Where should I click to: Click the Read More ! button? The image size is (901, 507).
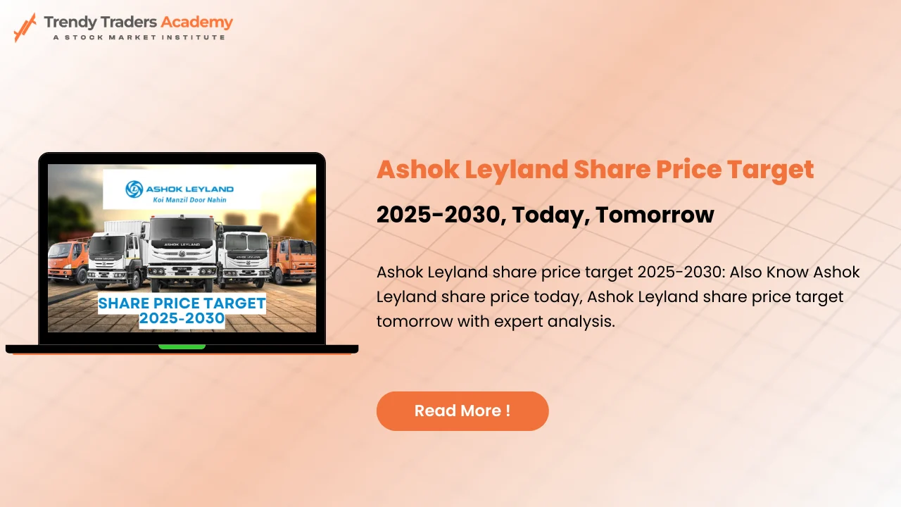coord(462,411)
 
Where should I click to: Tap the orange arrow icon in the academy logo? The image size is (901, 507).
coord(25,27)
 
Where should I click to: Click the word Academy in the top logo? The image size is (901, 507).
coord(196,22)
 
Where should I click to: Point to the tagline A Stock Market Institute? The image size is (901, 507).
coord(139,37)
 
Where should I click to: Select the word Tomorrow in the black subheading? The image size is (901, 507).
coord(655,215)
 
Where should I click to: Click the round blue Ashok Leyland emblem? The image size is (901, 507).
coord(134,189)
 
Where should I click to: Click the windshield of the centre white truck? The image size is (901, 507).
coord(182,230)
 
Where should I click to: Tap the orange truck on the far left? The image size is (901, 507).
coord(68,260)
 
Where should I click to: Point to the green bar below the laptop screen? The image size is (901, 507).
coord(182,346)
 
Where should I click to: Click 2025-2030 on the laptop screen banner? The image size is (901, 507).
coord(182,319)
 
